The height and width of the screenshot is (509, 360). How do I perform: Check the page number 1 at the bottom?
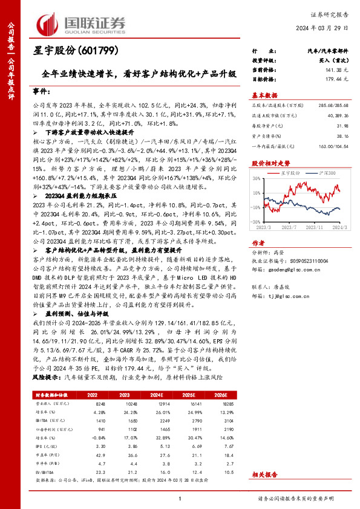[x=180, y=498]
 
